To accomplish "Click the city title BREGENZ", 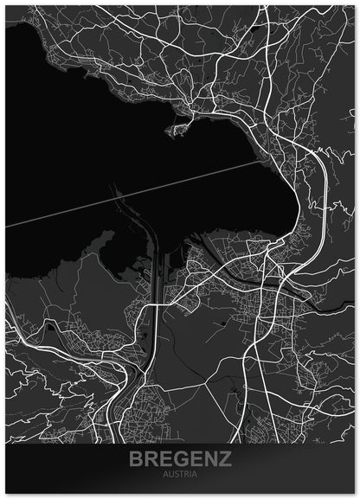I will pos(180,459).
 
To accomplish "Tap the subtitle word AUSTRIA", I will pos(180,475).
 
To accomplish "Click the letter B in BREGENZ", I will pos(135,459).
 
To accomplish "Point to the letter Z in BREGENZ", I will pos(225,459).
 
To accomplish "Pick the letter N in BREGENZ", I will pos(210,459).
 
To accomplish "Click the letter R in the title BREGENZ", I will pos(150,459).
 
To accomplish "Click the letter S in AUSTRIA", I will pos(176,475).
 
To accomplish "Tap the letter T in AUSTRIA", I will pos(181,475).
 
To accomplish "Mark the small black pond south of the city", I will pos(227,323).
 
